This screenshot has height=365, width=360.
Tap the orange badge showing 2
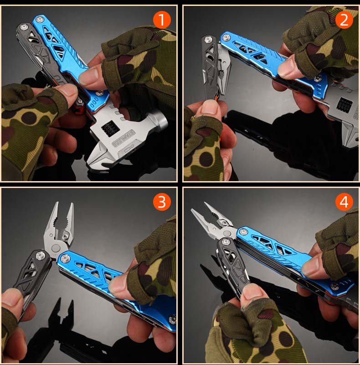click(344, 20)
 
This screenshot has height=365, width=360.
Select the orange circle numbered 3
click(161, 201)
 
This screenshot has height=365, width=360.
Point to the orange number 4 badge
click(344, 201)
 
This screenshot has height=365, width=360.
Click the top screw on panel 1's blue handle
click(40, 19)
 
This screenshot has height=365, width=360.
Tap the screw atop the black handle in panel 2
click(209, 40)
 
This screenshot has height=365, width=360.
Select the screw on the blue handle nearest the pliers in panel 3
click(65, 259)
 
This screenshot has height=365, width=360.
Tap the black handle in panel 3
click(32, 274)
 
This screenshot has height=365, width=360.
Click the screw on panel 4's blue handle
click(335, 286)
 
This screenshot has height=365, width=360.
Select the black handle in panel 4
click(232, 265)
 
